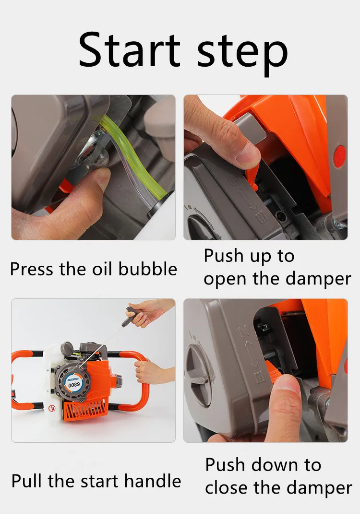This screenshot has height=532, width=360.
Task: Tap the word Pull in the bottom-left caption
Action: (x=25, y=481)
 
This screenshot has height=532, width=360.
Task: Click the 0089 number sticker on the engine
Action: (x=74, y=384)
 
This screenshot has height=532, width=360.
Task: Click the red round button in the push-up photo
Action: (x=340, y=154)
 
